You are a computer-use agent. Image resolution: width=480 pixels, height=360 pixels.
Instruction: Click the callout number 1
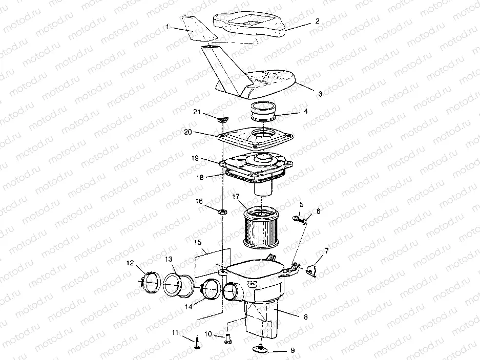click(x=168, y=27)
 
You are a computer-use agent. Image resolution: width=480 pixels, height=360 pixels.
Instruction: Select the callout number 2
click(x=318, y=21)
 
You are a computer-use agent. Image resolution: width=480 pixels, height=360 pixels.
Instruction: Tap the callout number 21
click(x=197, y=112)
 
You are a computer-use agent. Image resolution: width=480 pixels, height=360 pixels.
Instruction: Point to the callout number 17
click(x=236, y=197)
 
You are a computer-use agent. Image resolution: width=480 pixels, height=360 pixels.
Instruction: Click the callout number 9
click(x=293, y=350)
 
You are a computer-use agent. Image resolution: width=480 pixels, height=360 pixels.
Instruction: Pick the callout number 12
click(x=131, y=263)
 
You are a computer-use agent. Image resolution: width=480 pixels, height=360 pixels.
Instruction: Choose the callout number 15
click(x=198, y=242)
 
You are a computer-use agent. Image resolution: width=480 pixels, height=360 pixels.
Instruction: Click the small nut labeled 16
click(x=222, y=211)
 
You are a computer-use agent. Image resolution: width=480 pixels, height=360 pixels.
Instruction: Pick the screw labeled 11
click(x=197, y=344)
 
